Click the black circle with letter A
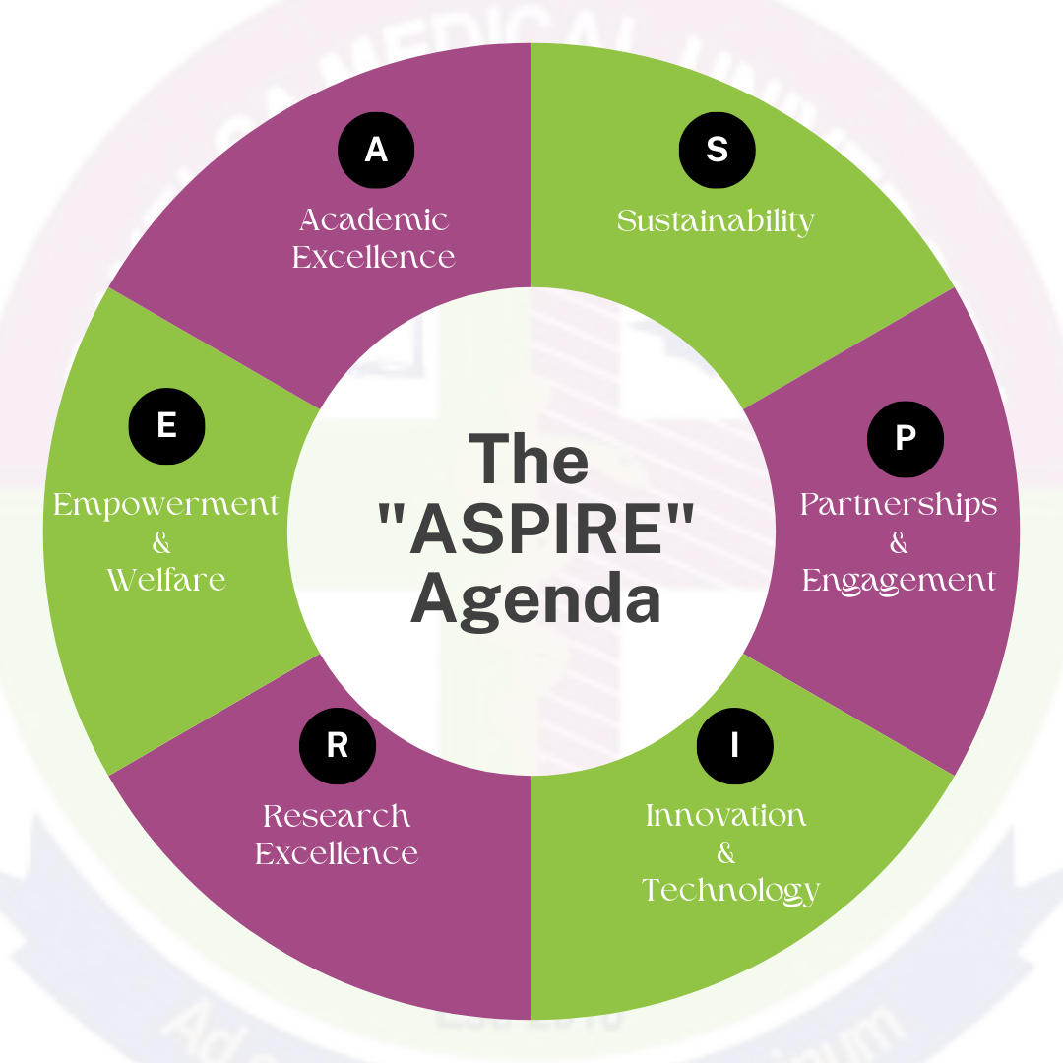point(376,150)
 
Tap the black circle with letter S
point(718,150)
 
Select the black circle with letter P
point(905,438)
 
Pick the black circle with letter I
point(734,746)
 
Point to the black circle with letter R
point(338,746)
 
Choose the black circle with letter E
point(167,426)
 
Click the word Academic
point(374,219)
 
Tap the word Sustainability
point(716,221)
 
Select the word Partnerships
point(899,504)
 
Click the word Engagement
point(899,581)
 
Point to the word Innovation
point(726,816)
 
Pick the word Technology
point(730,891)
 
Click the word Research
point(337,816)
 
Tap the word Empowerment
point(166,505)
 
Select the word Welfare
point(166,579)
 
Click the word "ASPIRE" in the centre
point(536,531)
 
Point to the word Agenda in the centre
point(536,599)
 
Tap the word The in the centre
point(529,461)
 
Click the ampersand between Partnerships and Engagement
point(899,542)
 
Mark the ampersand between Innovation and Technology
point(726,853)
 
